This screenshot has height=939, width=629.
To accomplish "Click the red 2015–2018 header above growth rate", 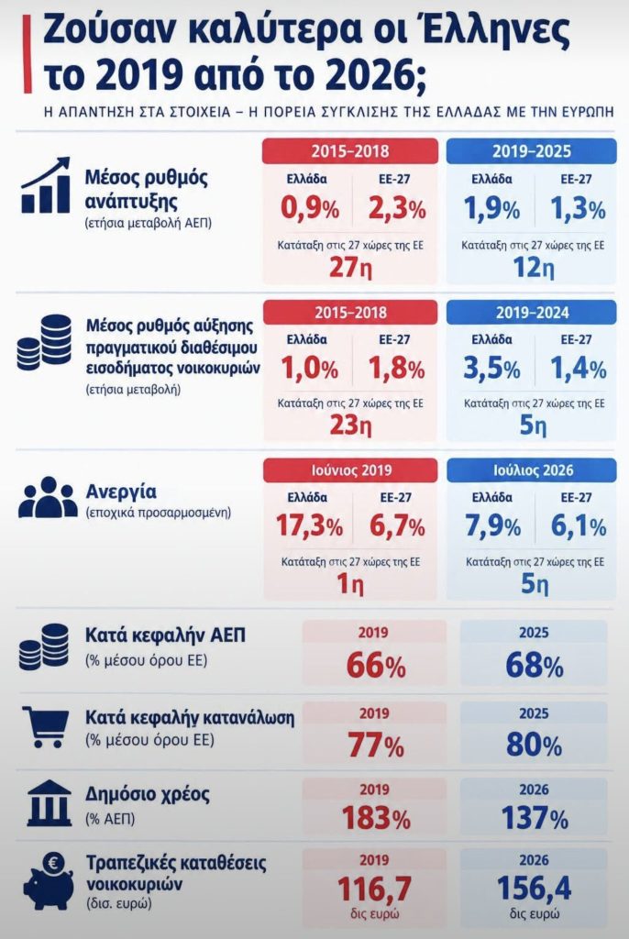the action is [x=350, y=151].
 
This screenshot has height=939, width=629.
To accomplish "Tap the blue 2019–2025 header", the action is [x=532, y=151].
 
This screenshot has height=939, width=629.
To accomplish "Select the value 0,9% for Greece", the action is [x=310, y=209].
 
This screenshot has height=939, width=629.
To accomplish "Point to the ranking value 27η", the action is [x=350, y=267].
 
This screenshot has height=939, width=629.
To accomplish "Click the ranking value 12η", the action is [x=533, y=267].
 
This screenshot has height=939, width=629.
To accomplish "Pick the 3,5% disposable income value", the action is [x=491, y=369].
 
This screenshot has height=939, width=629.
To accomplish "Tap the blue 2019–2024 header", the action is [x=532, y=312].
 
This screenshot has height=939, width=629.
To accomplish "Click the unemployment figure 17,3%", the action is [x=309, y=526].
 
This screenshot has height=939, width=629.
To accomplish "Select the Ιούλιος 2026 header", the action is [x=532, y=470].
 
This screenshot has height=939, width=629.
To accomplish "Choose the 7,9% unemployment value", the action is [x=492, y=526].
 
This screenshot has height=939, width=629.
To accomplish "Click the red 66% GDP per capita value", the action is [x=376, y=666].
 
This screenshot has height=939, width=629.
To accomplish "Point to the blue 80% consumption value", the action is [x=534, y=745].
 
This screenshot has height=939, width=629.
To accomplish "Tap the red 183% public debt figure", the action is [x=376, y=818].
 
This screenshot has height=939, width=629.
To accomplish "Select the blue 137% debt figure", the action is [x=534, y=818].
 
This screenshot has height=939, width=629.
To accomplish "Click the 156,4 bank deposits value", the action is [x=534, y=888].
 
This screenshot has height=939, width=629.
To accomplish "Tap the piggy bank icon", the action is [x=48, y=881].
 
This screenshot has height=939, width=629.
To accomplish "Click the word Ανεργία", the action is [x=121, y=492].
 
